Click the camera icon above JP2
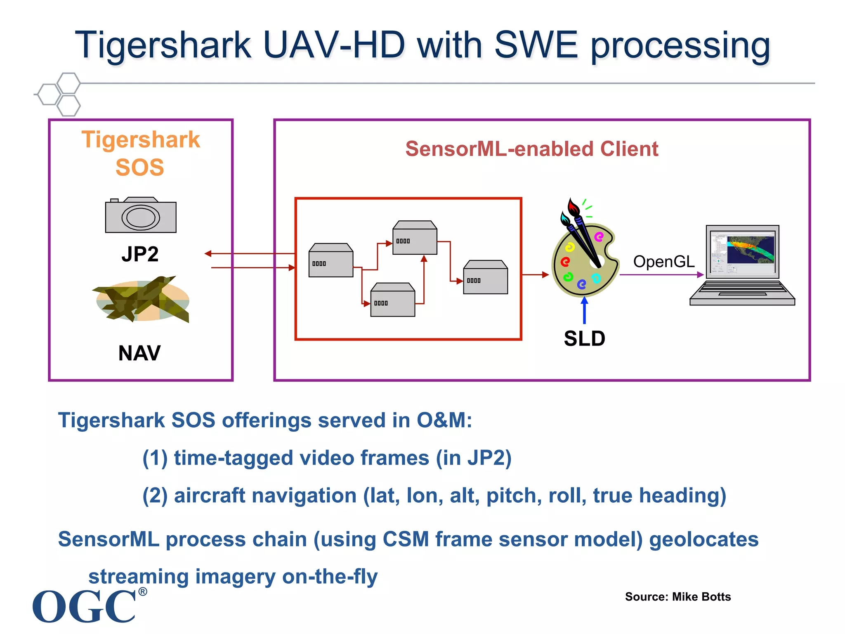141,215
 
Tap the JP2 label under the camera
140,254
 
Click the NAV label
139,353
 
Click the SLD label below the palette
584,338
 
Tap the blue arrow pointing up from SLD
584,310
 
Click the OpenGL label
663,261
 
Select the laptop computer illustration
742,265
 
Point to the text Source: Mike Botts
677,596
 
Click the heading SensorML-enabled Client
531,149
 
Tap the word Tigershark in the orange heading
141,140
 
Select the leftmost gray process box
331,261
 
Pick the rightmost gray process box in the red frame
485,278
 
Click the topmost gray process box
415,238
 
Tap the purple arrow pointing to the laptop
661,274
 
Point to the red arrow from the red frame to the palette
535,274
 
